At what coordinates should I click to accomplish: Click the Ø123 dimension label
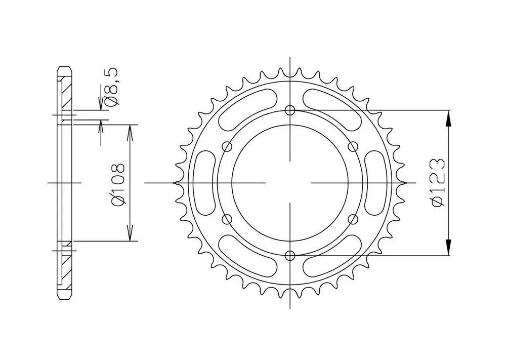[439, 183]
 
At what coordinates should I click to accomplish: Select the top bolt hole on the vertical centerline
[290, 110]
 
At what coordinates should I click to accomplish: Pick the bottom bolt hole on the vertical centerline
[290, 256]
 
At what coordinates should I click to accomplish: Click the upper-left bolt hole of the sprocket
[228, 147]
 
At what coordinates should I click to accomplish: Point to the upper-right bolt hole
[353, 147]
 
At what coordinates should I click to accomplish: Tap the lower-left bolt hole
[228, 219]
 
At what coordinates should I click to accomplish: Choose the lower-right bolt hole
[353, 219]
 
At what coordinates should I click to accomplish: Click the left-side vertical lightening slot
[206, 183]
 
